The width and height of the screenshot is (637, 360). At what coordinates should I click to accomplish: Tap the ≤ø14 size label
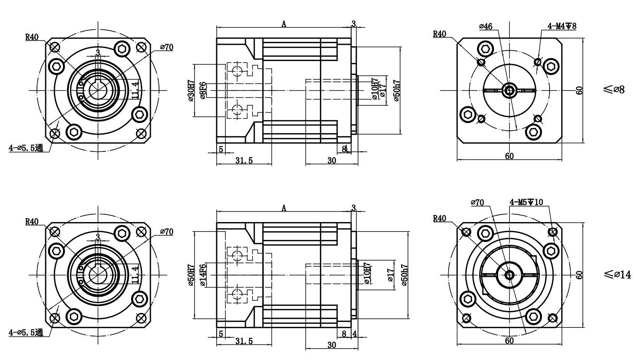click(x=617, y=274)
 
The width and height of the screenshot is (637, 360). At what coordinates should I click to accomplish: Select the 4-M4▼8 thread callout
click(x=562, y=25)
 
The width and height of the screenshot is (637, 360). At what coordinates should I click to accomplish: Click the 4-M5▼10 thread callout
click(x=526, y=202)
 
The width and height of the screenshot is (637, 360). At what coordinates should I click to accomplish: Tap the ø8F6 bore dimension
click(x=203, y=90)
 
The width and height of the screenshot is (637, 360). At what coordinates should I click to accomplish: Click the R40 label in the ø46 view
click(x=439, y=34)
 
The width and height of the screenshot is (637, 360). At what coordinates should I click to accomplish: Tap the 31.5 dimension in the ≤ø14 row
click(x=244, y=341)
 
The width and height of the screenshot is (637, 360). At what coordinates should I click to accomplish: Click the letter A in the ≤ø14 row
click(x=284, y=208)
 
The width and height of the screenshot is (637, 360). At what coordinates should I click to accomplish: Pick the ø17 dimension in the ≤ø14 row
click(x=390, y=274)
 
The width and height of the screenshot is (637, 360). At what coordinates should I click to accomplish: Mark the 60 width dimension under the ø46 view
click(x=509, y=156)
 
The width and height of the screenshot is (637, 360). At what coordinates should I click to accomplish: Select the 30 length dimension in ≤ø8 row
click(x=331, y=161)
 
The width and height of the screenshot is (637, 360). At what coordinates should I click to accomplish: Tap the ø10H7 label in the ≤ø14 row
click(x=367, y=274)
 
